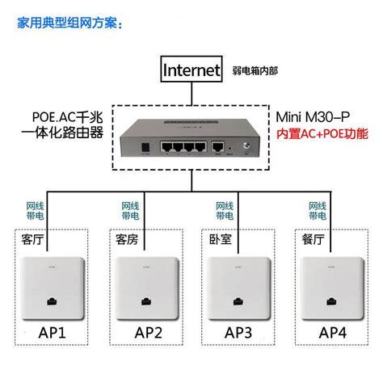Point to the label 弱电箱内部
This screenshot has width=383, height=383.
pyautogui.click(x=255, y=71)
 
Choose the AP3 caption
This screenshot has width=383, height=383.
pyautogui.click(x=237, y=333)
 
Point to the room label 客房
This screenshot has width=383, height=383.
pyautogui.click(x=127, y=240)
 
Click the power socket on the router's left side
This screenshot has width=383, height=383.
pyautogui.click(x=146, y=149)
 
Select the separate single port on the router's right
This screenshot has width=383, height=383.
pyautogui.click(x=219, y=147)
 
